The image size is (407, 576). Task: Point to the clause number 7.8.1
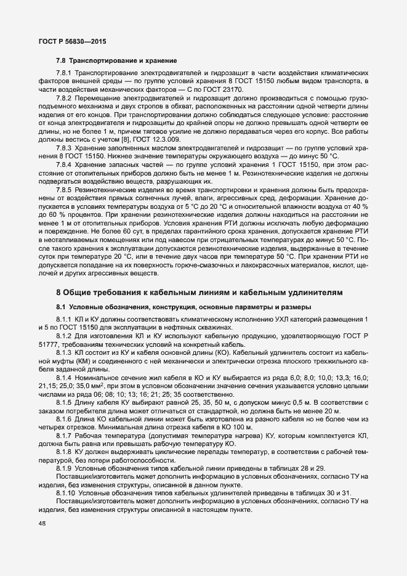click(63, 73)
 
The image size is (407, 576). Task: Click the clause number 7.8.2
click(63, 97)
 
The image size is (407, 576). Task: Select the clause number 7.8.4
click(63, 164)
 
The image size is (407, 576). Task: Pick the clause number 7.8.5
click(63, 189)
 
